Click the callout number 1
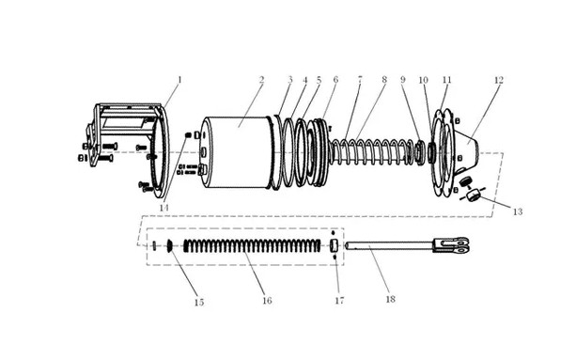[179, 80]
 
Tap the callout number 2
[261, 80]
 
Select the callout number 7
[360, 79]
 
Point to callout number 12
[499, 80]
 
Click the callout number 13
[517, 211]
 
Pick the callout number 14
[163, 208]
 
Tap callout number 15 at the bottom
[199, 303]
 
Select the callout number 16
[267, 301]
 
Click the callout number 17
[339, 301]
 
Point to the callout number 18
[391, 299]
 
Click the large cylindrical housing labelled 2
[238, 152]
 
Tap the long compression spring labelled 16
[252, 245]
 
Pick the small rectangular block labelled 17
[334, 244]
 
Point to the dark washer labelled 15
[170, 245]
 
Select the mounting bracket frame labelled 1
[125, 147]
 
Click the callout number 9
[402, 80]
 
